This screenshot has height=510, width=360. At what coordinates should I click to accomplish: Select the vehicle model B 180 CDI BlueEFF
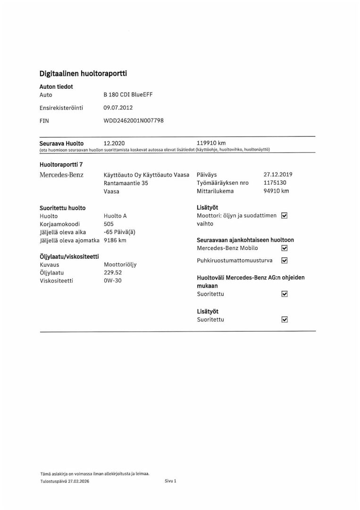[128, 94]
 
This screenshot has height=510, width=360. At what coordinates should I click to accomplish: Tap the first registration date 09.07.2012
[118, 108]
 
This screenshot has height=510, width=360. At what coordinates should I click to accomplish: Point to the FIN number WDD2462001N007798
[134, 121]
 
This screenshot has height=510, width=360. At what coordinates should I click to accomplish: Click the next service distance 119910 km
[211, 143]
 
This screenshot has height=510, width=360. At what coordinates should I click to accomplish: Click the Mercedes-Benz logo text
[61, 175]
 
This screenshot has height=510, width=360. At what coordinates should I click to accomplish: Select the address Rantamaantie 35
[126, 183]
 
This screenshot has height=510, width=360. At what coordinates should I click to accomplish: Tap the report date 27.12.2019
[278, 174]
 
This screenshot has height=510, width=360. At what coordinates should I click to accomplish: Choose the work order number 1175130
[275, 183]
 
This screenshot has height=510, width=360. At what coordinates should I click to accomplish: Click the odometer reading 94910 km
[276, 191]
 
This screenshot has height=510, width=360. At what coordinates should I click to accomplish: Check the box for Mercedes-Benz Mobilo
[284, 248]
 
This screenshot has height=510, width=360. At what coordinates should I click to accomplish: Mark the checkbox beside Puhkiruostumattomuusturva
[284, 261]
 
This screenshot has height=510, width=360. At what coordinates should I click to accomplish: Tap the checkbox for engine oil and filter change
[284, 216]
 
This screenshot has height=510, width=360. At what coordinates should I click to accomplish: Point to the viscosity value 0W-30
[112, 281]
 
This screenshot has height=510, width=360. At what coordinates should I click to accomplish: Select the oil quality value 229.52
[112, 272]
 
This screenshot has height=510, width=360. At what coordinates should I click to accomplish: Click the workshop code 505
[109, 224]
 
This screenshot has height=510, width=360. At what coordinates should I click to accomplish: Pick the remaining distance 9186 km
[115, 240]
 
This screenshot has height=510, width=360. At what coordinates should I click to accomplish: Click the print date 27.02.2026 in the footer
[78, 481]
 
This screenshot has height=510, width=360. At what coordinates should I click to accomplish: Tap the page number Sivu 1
[170, 481]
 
